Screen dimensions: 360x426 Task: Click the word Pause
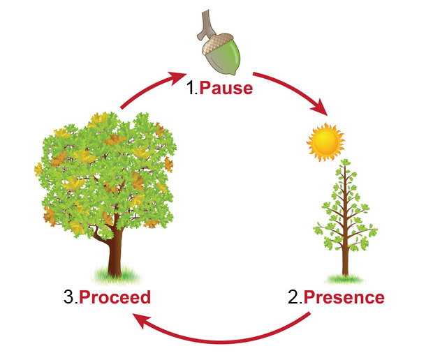click(227, 90)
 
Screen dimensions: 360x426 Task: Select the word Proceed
click(115, 298)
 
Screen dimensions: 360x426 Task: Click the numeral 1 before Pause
click(191, 90)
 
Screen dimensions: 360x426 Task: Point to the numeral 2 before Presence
click(293, 298)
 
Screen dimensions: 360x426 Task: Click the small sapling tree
click(344, 209)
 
